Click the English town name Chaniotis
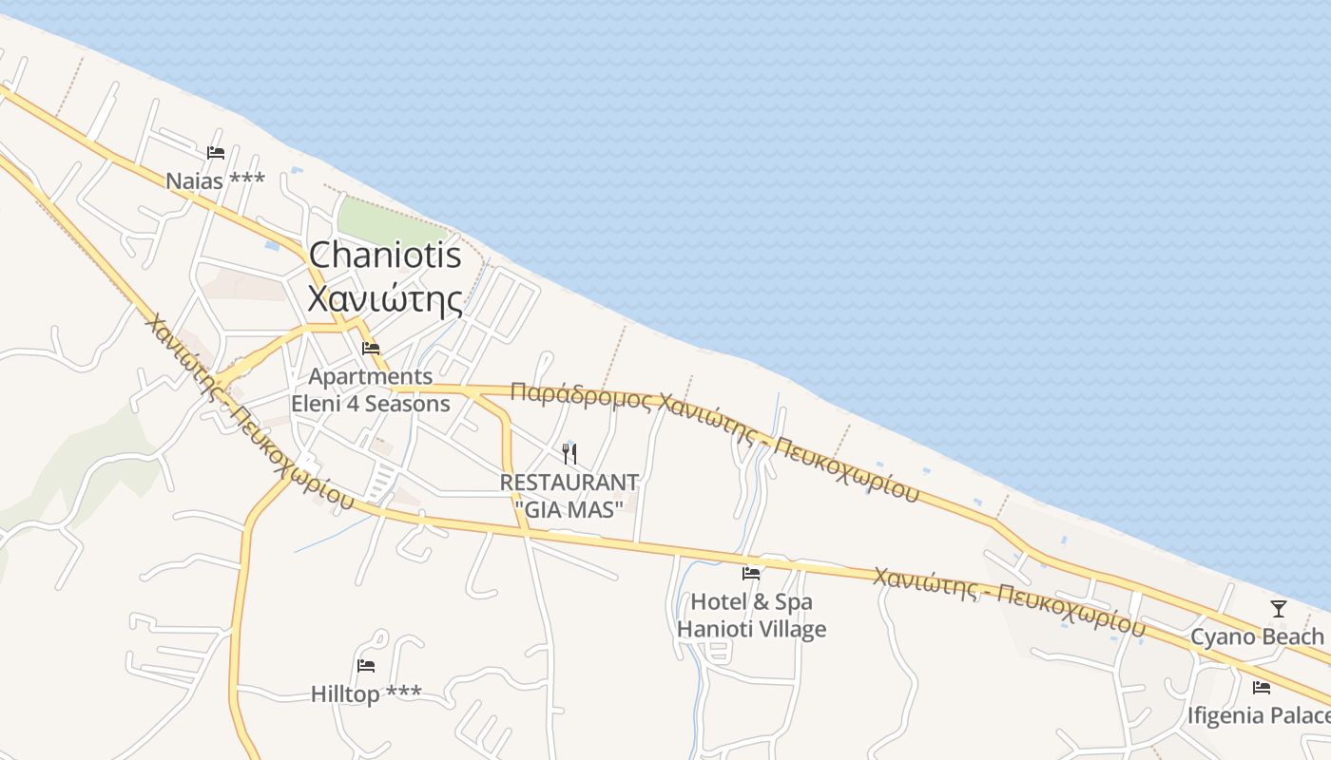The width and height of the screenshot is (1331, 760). tap(385, 255)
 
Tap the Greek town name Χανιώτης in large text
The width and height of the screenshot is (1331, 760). tap(385, 299)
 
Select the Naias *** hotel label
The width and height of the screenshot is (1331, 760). tap(215, 180)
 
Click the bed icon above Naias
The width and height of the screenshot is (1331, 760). tap(216, 152)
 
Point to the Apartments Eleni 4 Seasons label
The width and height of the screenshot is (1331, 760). tap(371, 390)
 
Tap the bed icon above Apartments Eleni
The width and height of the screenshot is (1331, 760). tap(371, 349)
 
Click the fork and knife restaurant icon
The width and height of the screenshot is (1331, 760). tap(569, 453)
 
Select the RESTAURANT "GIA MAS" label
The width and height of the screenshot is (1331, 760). tap(569, 496)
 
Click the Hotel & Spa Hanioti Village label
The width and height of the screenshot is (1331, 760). tap(751, 615)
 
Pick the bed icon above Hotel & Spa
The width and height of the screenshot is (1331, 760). tap(751, 573)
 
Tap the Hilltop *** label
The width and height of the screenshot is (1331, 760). tap(365, 694)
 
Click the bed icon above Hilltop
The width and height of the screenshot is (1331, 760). tap(366, 665)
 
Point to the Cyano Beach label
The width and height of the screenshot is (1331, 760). tap(1257, 636)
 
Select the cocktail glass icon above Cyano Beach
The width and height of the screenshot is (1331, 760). tap(1278, 608)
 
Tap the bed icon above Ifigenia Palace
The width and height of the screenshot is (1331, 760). tap(1262, 687)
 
